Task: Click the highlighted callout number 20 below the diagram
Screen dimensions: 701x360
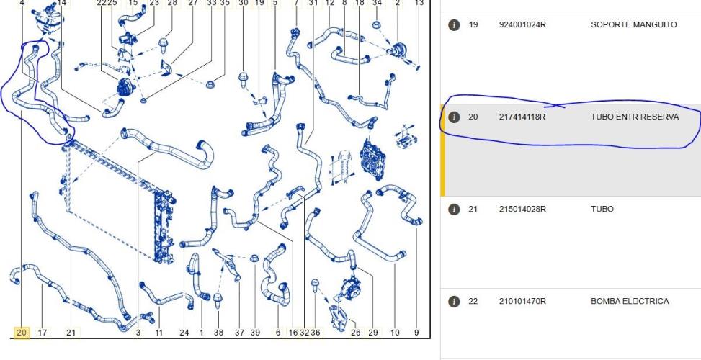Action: click(22, 333)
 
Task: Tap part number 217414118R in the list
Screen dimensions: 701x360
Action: click(522, 117)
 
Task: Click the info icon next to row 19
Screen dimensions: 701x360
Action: click(454, 25)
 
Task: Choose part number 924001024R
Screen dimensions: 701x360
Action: click(522, 25)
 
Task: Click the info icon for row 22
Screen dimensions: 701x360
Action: click(454, 302)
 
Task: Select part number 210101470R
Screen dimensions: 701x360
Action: click(522, 302)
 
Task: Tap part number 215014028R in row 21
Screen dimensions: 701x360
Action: click(522, 209)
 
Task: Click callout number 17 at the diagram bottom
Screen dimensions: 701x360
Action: click(43, 333)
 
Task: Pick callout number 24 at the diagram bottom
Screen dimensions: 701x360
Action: click(184, 333)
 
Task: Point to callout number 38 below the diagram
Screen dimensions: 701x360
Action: click(218, 333)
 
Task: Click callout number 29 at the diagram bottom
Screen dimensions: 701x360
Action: click(373, 333)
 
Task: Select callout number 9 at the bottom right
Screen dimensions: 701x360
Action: click(416, 333)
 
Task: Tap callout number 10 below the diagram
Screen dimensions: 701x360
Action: click(395, 333)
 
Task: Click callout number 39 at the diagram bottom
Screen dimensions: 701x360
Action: click(254, 333)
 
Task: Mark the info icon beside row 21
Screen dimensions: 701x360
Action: click(454, 210)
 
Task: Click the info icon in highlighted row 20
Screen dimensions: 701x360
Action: click(454, 117)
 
